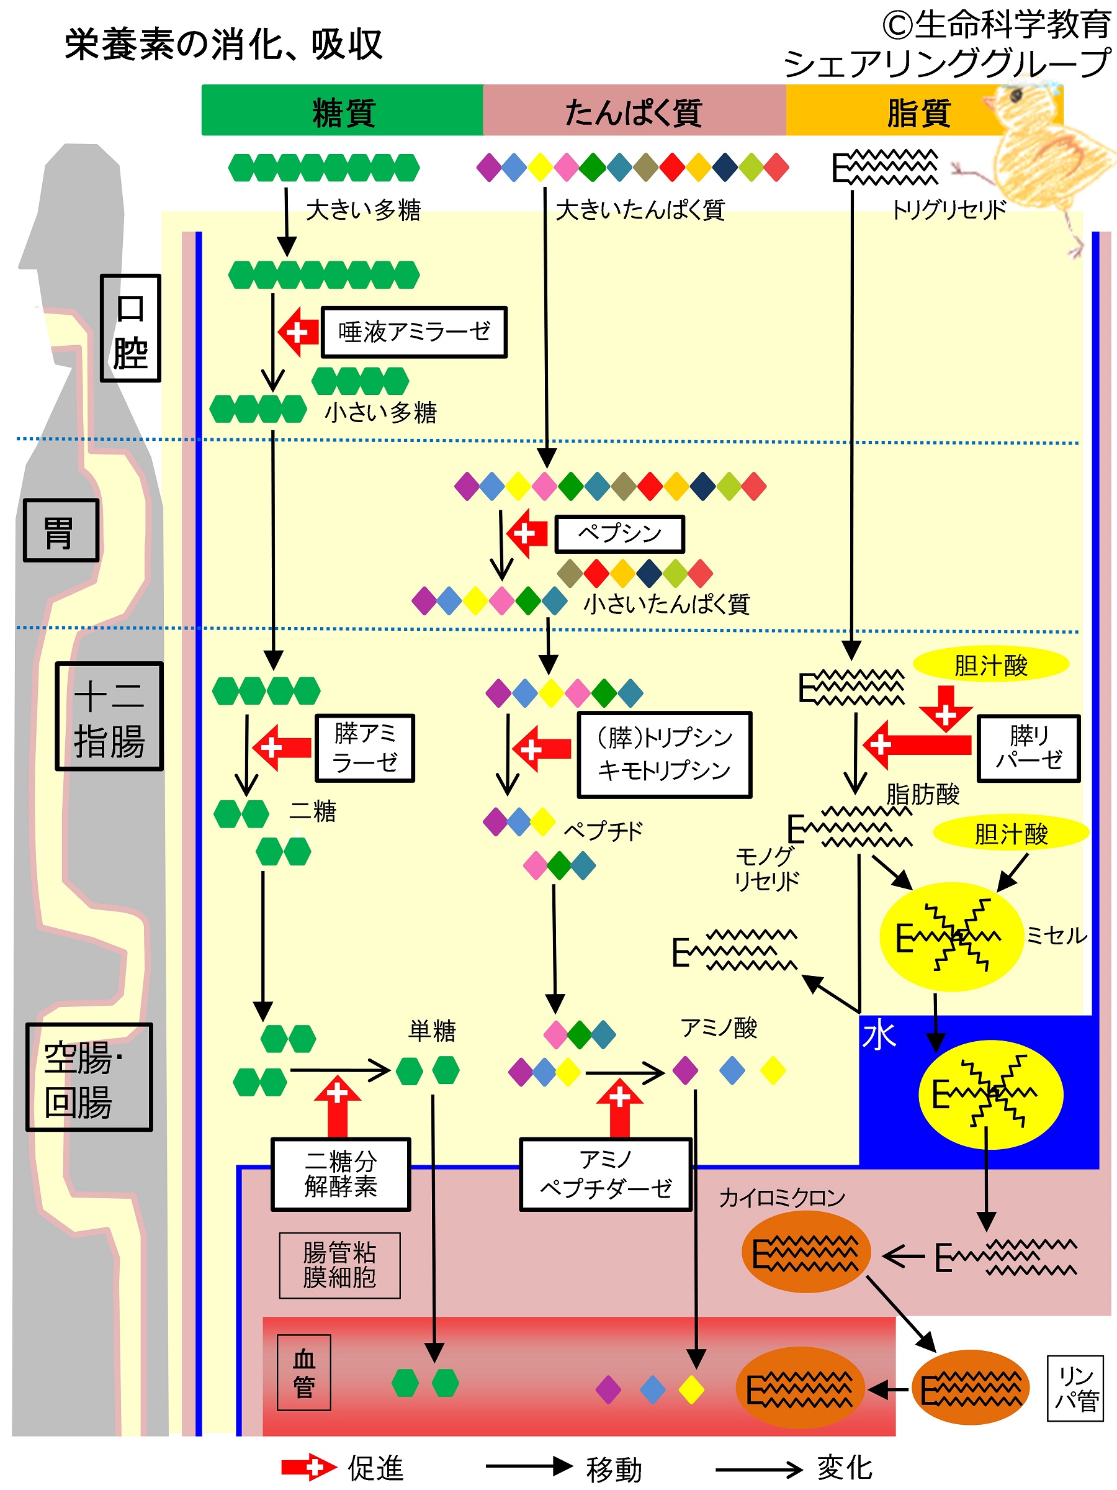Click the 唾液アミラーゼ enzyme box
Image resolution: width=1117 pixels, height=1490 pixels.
pyautogui.click(x=413, y=332)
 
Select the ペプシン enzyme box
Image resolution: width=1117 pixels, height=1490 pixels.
pyautogui.click(x=619, y=533)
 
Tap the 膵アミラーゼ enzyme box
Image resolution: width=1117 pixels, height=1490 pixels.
pyautogui.click(x=364, y=747)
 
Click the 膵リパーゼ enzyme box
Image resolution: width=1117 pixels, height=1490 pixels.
pyautogui.click(x=1028, y=747)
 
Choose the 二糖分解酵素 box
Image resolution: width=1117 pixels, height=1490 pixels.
pyautogui.click(x=341, y=1174)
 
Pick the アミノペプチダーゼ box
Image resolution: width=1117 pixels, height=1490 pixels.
pyautogui.click(x=605, y=1174)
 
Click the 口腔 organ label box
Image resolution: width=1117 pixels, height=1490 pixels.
pyautogui.click(x=130, y=328)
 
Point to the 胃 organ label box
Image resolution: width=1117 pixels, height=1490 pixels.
pyautogui.click(x=61, y=531)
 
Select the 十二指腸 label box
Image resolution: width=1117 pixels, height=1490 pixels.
pyautogui.click(x=109, y=716)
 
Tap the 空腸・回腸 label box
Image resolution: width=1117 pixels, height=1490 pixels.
pyautogui.click(x=89, y=1077)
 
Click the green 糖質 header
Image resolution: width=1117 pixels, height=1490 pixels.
pyautogui.click(x=343, y=111)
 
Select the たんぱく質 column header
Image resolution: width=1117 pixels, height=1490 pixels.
pyautogui.click(x=634, y=111)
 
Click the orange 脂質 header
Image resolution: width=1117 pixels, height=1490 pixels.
pyautogui.click(x=918, y=111)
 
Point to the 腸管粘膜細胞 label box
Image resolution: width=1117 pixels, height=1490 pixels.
pyautogui.click(x=339, y=1265)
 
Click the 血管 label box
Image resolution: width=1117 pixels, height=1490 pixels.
pyautogui.click(x=303, y=1372)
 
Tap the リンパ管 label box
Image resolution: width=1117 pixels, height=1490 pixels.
pyautogui.click(x=1075, y=1388)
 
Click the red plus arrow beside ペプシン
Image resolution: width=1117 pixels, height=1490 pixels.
pyautogui.click(x=528, y=533)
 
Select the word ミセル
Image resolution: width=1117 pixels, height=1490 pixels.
pyautogui.click(x=1056, y=935)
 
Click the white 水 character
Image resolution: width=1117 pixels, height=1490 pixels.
pyautogui.click(x=879, y=1036)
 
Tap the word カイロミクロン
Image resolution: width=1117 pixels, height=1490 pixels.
pyautogui.click(x=782, y=1198)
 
